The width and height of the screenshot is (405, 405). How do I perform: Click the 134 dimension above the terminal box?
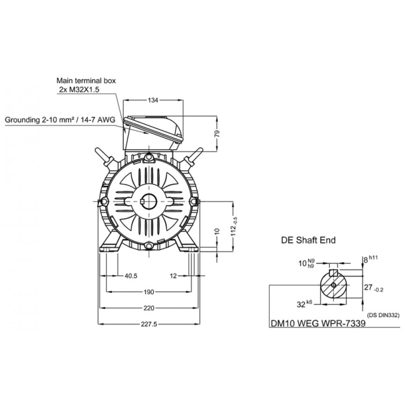coord(153,100)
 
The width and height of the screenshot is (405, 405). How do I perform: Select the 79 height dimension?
coord(217,134)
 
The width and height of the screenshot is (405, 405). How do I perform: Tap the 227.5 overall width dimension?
coord(149,324)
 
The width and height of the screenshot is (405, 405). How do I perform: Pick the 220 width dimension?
coord(149,308)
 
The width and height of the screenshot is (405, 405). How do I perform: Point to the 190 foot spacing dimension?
coord(149,292)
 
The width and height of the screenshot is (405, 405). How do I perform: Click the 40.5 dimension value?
coord(131,276)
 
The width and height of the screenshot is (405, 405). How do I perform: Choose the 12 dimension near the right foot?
coord(174,276)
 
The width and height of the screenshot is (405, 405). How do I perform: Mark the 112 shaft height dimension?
coord(234,227)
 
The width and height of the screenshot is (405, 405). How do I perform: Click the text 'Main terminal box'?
coord(86,80)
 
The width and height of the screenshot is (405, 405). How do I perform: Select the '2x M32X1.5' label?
coord(79,90)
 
